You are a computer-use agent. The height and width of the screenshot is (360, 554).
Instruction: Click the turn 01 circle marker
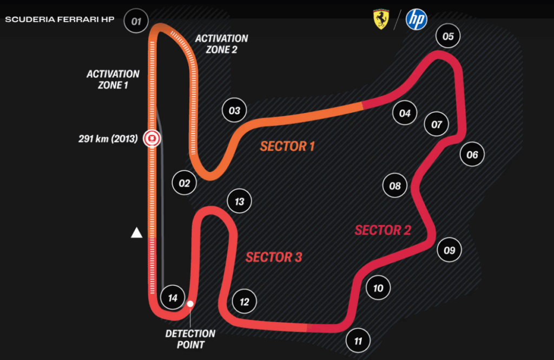point(136,22)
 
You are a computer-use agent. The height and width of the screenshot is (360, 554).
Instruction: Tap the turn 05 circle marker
point(448,37)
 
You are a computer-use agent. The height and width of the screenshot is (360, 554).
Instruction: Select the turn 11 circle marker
point(358,341)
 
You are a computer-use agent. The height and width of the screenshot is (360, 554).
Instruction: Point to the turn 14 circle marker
point(173,298)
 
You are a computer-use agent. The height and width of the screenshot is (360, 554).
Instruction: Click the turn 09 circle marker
point(449,250)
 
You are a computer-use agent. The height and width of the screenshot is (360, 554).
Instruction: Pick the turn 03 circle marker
point(234,111)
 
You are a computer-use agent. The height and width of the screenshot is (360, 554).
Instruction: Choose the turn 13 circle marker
point(240,202)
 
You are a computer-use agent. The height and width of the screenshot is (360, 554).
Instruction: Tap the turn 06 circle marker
point(472,155)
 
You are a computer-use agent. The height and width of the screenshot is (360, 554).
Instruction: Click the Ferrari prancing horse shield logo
point(381,19)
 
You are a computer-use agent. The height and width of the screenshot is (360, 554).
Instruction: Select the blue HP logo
point(416,19)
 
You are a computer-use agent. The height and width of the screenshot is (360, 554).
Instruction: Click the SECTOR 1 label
point(287,146)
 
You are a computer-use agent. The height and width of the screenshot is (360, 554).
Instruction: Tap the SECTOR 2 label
point(383,230)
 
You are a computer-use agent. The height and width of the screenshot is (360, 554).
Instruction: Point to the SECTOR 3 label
point(274,257)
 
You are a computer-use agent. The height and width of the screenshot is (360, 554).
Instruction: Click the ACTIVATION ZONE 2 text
point(222,44)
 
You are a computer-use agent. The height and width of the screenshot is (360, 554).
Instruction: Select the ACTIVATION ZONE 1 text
point(113,79)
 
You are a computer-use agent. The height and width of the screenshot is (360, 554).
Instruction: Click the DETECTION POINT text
point(190,339)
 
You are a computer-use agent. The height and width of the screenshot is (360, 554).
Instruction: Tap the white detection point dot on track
point(190,304)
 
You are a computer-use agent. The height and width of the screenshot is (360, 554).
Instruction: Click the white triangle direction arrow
point(137,233)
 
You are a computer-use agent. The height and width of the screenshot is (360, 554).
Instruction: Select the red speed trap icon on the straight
point(152,139)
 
